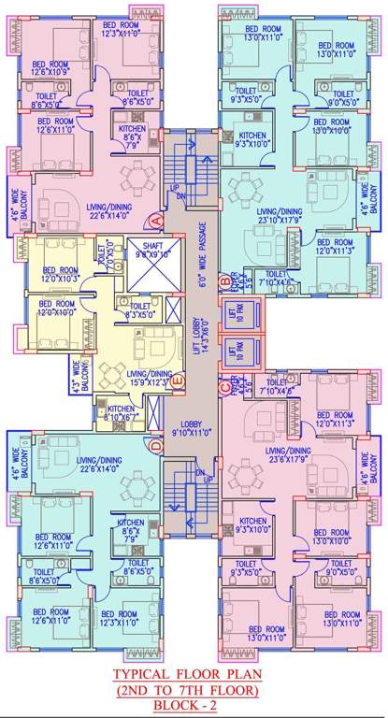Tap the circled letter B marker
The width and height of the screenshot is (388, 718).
click(224, 279)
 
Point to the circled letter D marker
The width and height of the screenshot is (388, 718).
click(156, 447)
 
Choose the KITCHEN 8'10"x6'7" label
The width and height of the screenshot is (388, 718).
click(119, 412)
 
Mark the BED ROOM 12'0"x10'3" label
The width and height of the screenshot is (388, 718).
click(56, 273)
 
